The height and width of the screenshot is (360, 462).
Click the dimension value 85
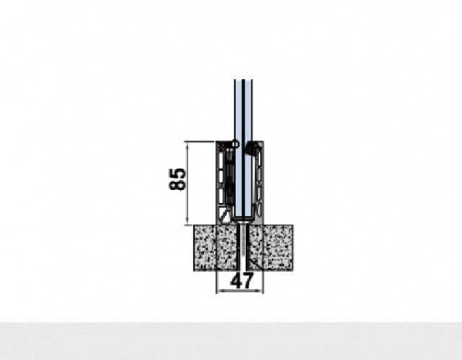pos(178,179)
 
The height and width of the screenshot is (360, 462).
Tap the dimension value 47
pos(241,281)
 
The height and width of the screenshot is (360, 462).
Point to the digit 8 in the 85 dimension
pos(178,184)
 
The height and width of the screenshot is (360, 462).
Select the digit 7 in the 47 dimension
pos(248,281)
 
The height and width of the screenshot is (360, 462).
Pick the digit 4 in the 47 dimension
pos(236,281)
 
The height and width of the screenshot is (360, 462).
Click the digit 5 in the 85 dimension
pos(178,174)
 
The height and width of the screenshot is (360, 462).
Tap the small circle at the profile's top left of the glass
pos(236,144)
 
